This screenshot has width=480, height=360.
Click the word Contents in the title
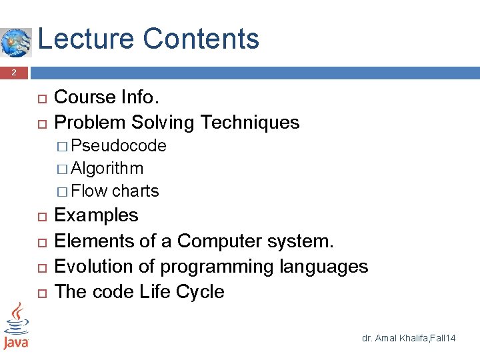click(x=201, y=39)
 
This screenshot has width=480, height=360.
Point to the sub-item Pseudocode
click(x=119, y=145)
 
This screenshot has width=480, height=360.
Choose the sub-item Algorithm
click(x=107, y=168)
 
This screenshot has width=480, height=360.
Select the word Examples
click(x=96, y=215)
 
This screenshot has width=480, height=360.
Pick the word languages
click(x=323, y=267)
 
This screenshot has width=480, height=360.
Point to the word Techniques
click(x=249, y=122)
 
